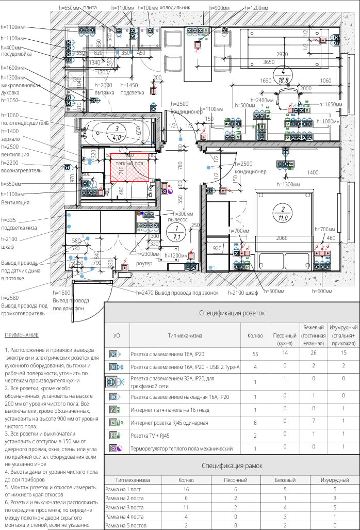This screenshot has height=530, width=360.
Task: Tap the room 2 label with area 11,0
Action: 283,214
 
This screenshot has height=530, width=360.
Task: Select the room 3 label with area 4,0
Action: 117,133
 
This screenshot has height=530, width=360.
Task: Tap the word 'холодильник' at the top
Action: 175,8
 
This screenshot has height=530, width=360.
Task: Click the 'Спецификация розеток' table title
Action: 232,313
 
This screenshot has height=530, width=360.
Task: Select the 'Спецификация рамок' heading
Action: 232,465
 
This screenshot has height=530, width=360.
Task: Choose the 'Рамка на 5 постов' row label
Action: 128,525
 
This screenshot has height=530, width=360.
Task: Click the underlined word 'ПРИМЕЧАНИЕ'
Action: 21,335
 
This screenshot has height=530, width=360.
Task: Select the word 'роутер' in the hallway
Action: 144,263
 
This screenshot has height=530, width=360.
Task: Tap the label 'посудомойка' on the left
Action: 17,54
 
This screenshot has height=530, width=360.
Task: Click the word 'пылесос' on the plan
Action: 177,220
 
